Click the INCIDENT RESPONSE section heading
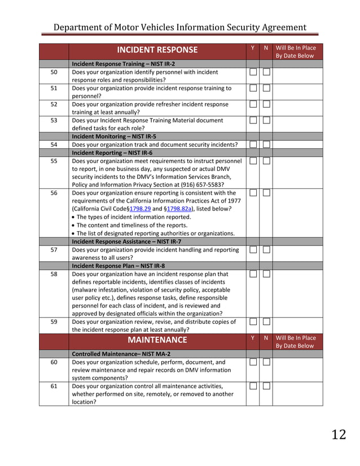tap(157, 50)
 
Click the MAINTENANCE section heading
tap(157, 340)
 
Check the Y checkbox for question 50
tap(253, 72)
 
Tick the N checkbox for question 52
tap(266, 104)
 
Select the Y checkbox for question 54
tap(253, 145)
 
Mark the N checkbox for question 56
tap(266, 193)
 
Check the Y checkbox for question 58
tap(253, 274)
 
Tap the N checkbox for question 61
tap(266, 386)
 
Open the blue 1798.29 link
tap(141, 209)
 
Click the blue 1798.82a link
tap(179, 209)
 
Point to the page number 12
tap(339, 434)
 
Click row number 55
tap(54, 161)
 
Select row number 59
tap(54, 322)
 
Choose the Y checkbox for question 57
tap(253, 250)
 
